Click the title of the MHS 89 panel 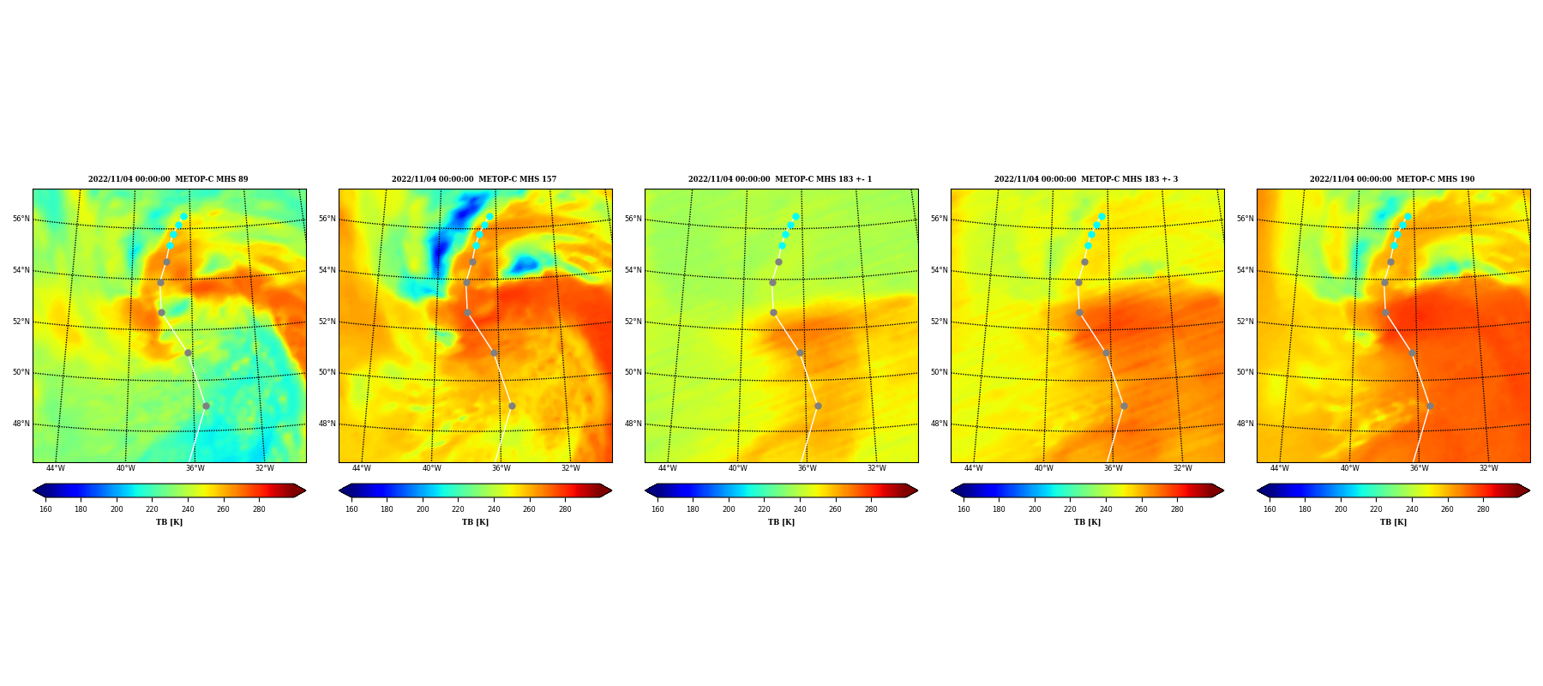pyautogui.click(x=168, y=179)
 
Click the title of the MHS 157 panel pyautogui.click(x=474, y=179)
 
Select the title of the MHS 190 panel pyautogui.click(x=1392, y=179)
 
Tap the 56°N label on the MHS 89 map pyautogui.click(x=21, y=219)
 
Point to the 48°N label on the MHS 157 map pyautogui.click(x=327, y=424)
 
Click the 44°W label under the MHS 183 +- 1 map pyautogui.click(x=668, y=468)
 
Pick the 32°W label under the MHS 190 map pyautogui.click(x=1489, y=468)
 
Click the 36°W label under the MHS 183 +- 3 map pyautogui.click(x=1113, y=468)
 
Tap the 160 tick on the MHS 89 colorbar pyautogui.click(x=45, y=509)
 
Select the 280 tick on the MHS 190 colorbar pyautogui.click(x=1483, y=509)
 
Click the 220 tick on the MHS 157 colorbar pyautogui.click(x=458, y=509)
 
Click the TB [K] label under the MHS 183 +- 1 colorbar pyautogui.click(x=781, y=522)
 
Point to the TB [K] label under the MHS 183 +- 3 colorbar pyautogui.click(x=1087, y=522)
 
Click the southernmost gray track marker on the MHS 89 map pyautogui.click(x=206, y=406)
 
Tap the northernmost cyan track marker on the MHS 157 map pyautogui.click(x=489, y=217)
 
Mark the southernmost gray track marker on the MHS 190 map pyautogui.click(x=1430, y=406)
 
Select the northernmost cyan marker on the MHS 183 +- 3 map pyautogui.click(x=1102, y=217)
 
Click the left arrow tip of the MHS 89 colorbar pyautogui.click(x=33, y=490)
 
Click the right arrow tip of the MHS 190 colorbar pyautogui.click(x=1530, y=490)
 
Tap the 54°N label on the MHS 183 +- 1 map pyautogui.click(x=633, y=270)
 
